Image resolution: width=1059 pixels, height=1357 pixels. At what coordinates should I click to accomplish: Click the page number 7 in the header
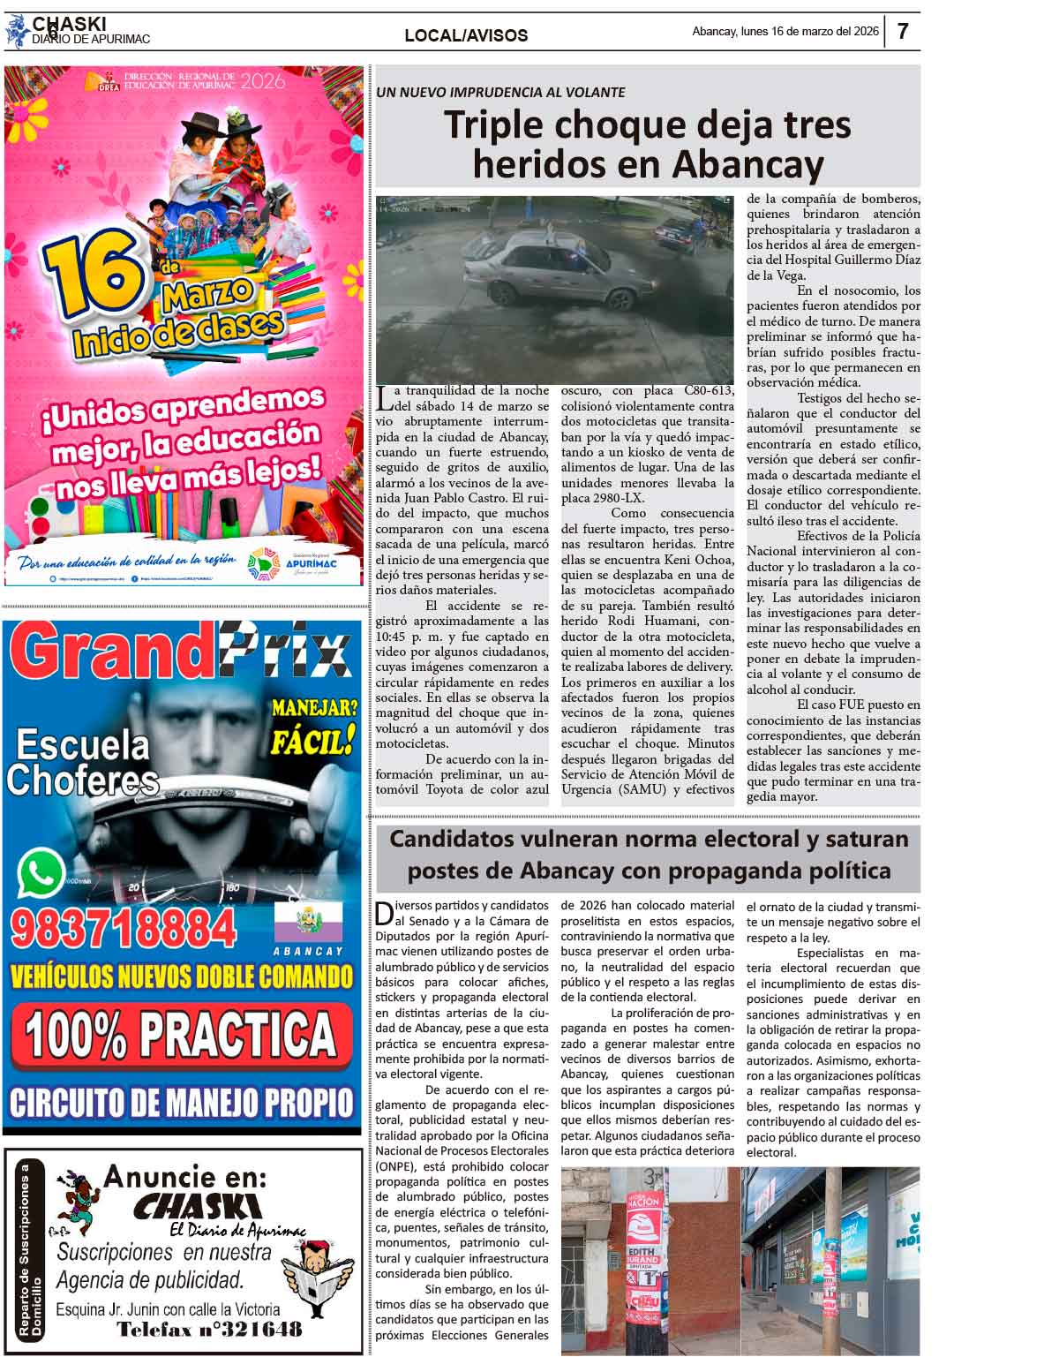tap(903, 32)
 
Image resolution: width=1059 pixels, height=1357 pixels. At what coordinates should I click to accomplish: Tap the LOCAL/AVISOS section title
tap(466, 35)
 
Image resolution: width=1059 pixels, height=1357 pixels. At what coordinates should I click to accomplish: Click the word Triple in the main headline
tap(493, 124)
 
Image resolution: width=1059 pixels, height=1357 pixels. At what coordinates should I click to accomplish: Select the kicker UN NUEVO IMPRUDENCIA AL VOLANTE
tap(500, 92)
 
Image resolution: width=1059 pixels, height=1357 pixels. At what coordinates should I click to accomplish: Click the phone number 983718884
tap(124, 929)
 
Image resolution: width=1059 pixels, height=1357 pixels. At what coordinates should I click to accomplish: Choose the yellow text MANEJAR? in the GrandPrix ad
tap(314, 707)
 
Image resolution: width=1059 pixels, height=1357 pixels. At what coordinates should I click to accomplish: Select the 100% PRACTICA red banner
tap(181, 1034)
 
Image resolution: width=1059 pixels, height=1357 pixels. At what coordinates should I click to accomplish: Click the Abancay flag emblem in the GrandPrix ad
tap(308, 924)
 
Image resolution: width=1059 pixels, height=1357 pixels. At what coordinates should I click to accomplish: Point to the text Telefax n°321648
tap(209, 1330)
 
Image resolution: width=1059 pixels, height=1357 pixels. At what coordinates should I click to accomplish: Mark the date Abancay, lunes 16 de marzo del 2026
tap(785, 32)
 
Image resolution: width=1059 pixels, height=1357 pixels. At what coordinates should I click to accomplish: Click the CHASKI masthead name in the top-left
tap(69, 24)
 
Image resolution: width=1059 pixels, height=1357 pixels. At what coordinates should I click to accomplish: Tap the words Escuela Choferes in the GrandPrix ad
tap(82, 763)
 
